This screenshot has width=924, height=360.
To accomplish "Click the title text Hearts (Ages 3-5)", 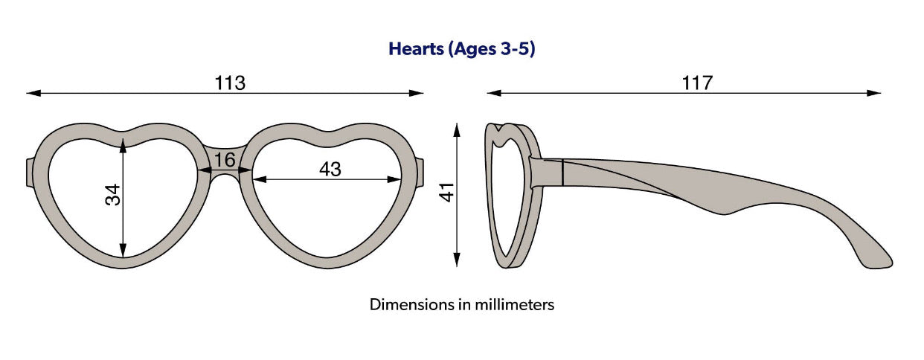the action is pos(461,49).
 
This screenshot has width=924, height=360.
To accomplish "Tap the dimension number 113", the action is pos(230,83).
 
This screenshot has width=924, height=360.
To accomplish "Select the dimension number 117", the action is pos(696,83).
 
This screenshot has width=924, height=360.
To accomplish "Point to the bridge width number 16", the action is pos(225,160).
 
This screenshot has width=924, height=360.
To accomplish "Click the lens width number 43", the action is pos(330,169).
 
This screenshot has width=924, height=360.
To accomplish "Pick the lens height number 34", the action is pos(112,195).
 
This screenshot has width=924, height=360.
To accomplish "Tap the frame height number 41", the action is pos(447,192).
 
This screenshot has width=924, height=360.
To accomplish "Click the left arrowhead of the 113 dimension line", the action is pos(33,93).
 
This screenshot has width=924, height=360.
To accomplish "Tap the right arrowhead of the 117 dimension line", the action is pos(873,93).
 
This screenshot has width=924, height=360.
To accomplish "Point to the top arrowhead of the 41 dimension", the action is pos(457,130).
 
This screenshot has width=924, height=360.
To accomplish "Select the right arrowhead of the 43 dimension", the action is pos(394,179).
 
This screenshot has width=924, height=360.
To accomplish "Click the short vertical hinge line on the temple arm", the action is pos(563,173).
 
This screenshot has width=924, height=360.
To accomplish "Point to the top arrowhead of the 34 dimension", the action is pos(123,146).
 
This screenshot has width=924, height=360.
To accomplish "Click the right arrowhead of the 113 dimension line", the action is pos(416,93).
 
